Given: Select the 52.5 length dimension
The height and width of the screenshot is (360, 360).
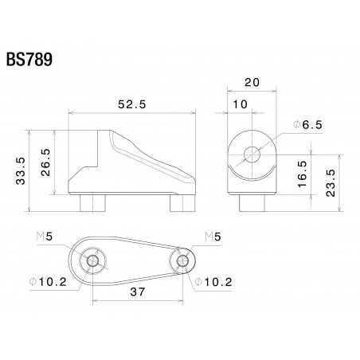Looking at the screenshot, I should [x=131, y=104].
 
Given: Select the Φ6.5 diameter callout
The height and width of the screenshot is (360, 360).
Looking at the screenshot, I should [x=307, y=125].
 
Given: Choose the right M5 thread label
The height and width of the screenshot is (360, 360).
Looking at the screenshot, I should [x=213, y=237].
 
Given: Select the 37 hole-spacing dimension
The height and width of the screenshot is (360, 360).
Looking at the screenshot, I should [x=139, y=293].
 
